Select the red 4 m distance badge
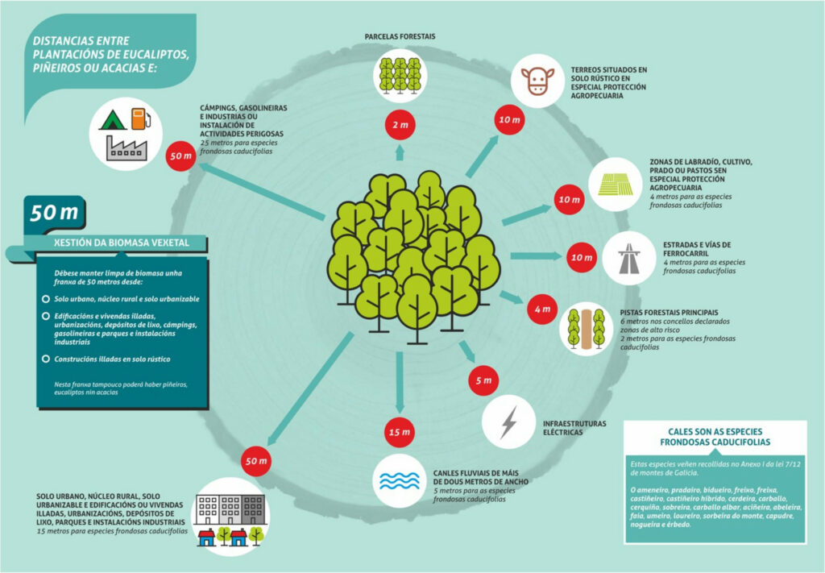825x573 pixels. click(540, 309)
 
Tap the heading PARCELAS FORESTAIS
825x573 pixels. click(400, 37)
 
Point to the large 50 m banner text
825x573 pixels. click(54, 213)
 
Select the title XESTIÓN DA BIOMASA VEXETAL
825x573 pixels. click(115, 243)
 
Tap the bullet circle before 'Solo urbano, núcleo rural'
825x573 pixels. click(45, 298)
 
